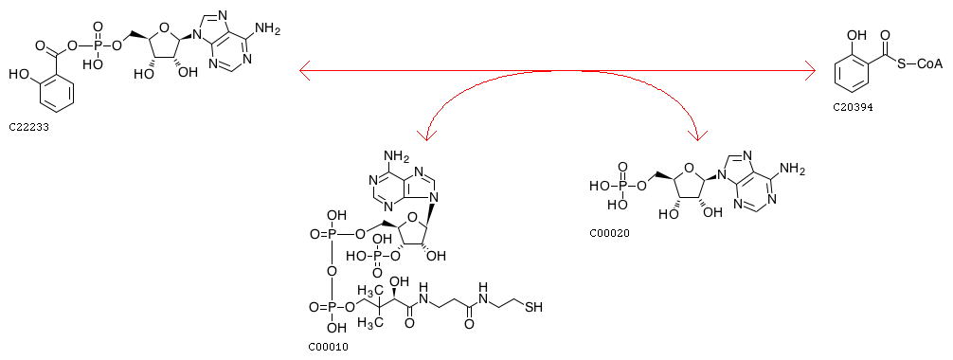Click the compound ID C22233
point(28,128)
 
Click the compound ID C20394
point(853,108)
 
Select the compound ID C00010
point(329,348)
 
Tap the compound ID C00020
point(610,232)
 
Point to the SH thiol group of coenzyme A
point(533,307)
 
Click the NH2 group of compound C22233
point(269,29)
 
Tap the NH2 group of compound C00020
point(793,171)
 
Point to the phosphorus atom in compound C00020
point(621,186)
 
